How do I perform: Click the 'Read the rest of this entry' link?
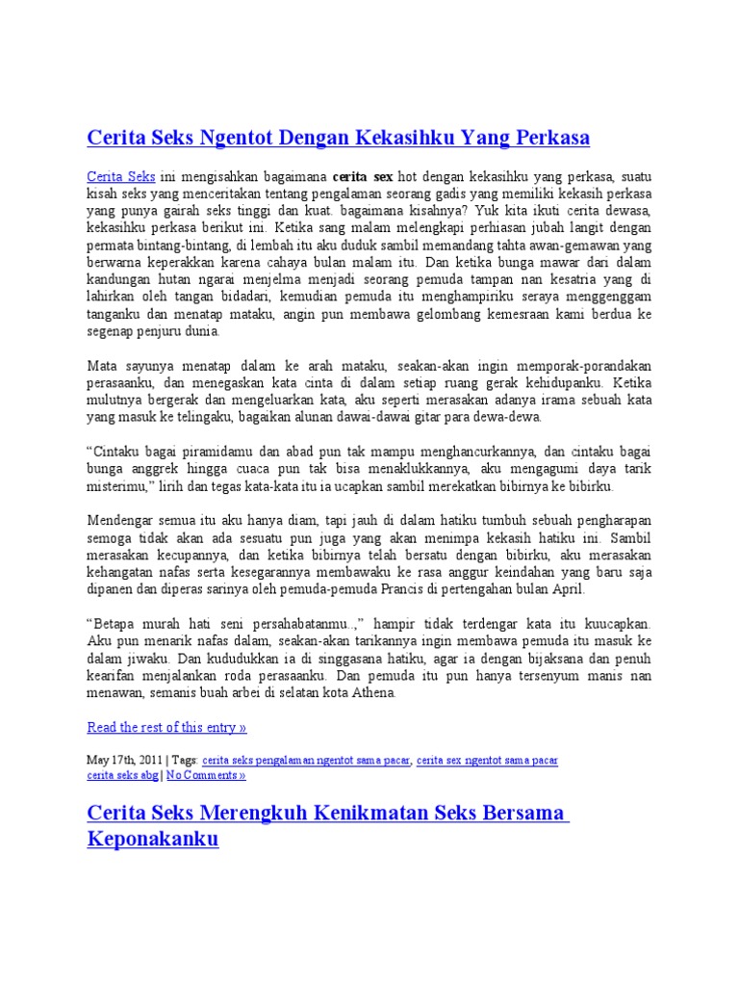click(x=166, y=726)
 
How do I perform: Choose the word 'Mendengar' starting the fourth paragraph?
click(x=122, y=519)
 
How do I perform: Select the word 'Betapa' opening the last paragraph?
click(x=116, y=623)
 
